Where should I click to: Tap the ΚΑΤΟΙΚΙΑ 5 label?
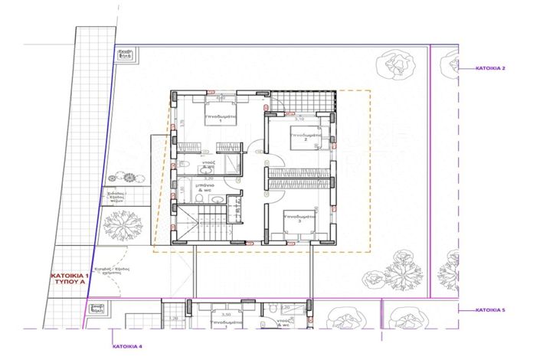click(489, 310)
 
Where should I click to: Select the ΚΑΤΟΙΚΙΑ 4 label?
click(126, 346)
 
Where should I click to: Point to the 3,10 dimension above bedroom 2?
click(300, 119)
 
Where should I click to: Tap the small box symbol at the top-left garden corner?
click(126, 55)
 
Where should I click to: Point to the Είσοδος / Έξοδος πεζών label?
click(116, 196)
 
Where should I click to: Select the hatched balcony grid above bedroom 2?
click(303, 100)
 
